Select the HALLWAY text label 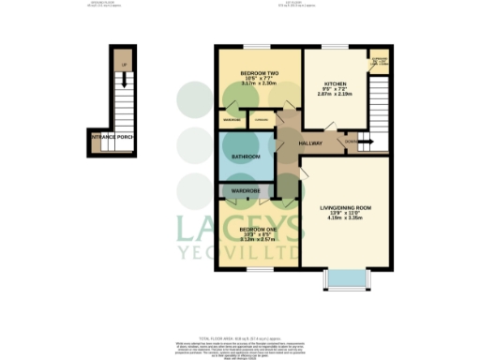(310, 143)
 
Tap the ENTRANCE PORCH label (110, 140)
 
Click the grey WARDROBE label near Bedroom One (246, 191)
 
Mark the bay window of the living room (345, 277)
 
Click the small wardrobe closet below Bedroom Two (229, 120)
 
